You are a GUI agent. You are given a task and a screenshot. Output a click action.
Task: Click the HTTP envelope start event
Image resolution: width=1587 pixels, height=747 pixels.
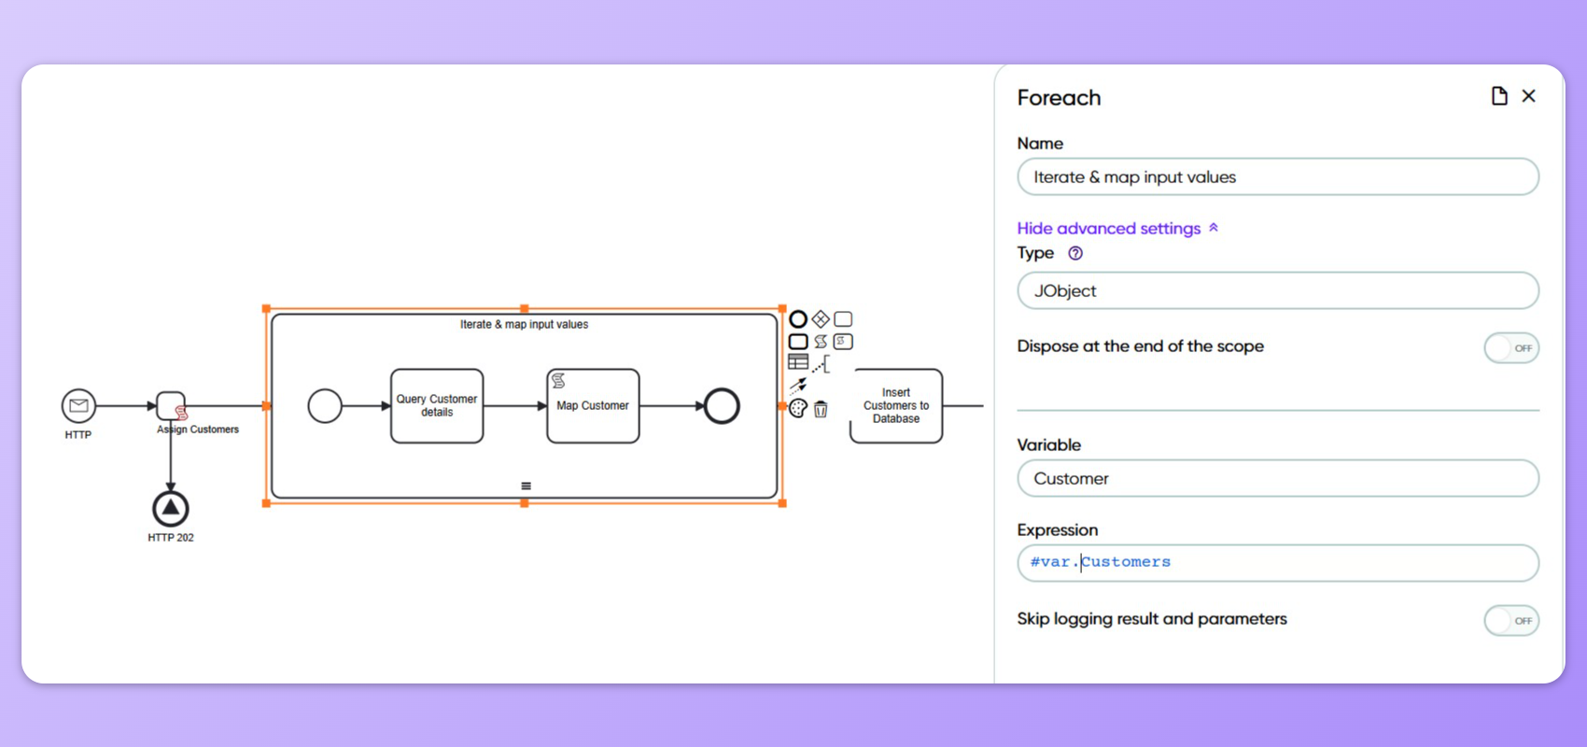(78, 406)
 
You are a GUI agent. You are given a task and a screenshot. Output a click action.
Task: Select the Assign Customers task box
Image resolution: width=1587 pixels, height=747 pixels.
(171, 406)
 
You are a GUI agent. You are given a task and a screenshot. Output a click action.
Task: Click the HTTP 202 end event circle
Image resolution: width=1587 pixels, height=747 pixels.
(171, 509)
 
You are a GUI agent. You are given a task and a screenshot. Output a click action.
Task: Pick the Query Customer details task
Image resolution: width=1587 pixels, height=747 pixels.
(437, 406)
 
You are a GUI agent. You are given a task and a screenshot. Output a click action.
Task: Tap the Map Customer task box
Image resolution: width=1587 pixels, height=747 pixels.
(593, 406)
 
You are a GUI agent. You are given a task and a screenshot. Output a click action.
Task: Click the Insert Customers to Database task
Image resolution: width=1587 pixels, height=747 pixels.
(896, 406)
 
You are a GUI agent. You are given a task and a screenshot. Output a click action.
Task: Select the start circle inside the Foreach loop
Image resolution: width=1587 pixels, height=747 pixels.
(325, 406)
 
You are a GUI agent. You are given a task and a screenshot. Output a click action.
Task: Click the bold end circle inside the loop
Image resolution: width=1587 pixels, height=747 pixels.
(722, 406)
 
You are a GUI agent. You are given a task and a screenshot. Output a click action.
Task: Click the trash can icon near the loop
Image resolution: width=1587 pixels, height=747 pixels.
(821, 409)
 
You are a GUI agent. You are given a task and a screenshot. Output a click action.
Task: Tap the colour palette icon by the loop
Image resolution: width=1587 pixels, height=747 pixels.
(798, 409)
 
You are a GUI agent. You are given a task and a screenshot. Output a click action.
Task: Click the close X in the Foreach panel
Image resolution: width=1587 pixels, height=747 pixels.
(1528, 96)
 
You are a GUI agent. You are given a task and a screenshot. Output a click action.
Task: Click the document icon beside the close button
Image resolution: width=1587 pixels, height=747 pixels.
(1499, 96)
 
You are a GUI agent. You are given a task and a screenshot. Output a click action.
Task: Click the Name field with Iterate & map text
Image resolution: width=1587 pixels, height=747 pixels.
(1277, 177)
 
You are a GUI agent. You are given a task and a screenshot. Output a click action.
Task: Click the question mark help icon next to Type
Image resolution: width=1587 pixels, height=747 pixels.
(1075, 253)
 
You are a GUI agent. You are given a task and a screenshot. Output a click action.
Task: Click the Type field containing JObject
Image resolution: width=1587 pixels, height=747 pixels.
(1277, 291)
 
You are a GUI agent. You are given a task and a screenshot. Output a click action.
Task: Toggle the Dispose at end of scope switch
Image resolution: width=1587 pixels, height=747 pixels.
(1510, 348)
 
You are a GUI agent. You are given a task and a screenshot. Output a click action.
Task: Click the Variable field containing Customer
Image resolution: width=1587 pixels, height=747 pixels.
(1277, 479)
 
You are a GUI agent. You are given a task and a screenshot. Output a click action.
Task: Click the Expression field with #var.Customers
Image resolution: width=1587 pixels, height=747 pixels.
(1277, 563)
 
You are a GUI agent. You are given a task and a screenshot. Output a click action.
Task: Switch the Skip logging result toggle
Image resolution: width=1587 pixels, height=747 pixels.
(1510, 621)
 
